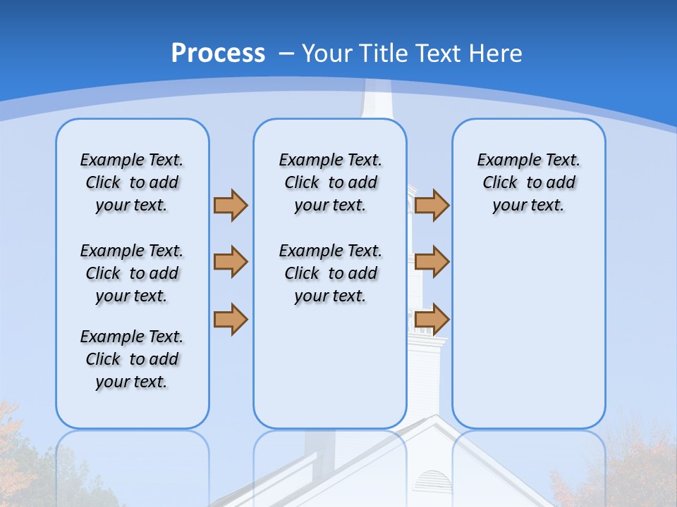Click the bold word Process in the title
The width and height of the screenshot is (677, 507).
(218, 53)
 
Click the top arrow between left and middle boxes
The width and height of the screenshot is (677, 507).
(231, 205)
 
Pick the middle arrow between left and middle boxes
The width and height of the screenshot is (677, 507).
(231, 262)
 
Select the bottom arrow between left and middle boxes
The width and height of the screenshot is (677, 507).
(231, 319)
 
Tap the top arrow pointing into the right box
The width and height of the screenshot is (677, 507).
(432, 205)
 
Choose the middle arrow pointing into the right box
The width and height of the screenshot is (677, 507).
(432, 262)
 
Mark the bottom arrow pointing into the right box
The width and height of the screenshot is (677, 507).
(432, 319)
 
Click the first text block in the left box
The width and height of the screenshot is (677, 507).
(132, 182)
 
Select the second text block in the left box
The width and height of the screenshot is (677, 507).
(132, 273)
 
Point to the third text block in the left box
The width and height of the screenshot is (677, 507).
(132, 359)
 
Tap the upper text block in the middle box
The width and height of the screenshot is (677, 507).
(330, 182)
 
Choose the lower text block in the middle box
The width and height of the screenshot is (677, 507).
(330, 273)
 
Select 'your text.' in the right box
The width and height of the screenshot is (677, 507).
(528, 205)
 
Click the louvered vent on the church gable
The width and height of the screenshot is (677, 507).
(431, 482)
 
